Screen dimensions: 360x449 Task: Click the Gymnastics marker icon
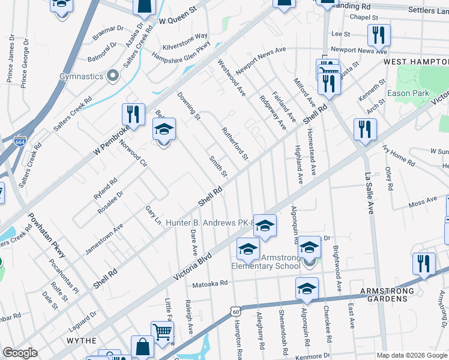click(112, 76)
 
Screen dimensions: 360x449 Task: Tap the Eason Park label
click(408, 93)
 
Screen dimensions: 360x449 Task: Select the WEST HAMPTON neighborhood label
click(415, 62)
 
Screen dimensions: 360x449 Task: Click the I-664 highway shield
click(21, 142)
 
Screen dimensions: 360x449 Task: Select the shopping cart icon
click(162, 332)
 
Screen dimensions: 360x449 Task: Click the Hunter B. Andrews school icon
click(264, 226)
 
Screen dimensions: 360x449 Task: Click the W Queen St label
click(178, 20)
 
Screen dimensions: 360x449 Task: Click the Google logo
click(20, 353)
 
